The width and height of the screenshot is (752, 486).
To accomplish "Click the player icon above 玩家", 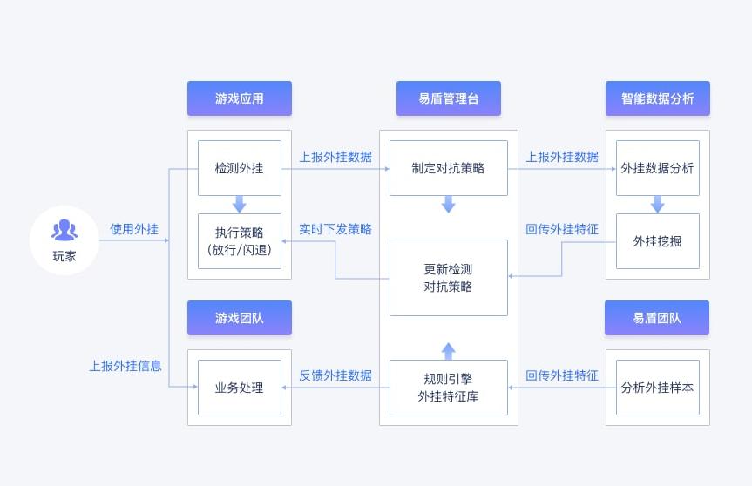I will (x=64, y=230).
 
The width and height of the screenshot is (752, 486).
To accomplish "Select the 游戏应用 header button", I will (x=240, y=98).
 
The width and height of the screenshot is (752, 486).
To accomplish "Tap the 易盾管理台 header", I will (x=448, y=98).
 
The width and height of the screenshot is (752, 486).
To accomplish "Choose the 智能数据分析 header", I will (x=657, y=98).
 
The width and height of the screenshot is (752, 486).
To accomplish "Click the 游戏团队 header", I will (x=240, y=318).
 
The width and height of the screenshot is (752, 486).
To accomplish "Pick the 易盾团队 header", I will (x=657, y=318).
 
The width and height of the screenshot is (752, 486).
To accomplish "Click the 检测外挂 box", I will (x=240, y=168).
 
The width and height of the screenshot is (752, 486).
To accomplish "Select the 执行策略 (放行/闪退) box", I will (x=240, y=241).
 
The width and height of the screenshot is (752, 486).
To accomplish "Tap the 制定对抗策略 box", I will (x=448, y=168).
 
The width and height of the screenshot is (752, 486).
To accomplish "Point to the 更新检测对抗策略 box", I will (x=448, y=278).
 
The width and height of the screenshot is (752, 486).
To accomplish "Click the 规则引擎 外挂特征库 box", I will (x=448, y=388).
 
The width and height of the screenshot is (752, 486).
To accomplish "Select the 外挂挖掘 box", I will (x=657, y=241).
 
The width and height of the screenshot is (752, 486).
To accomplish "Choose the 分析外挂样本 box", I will (x=657, y=388).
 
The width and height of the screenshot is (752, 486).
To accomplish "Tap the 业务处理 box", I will (x=240, y=388).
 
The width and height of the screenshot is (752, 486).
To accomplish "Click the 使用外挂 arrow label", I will (x=133, y=230).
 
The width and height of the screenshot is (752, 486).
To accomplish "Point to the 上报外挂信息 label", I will (x=125, y=367).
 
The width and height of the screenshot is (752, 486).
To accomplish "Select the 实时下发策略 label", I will (x=335, y=230).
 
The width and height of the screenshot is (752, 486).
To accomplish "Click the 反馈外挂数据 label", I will (x=335, y=376).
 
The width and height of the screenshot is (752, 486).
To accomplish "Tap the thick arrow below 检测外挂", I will (x=240, y=205).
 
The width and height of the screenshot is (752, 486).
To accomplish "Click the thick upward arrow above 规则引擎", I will (x=448, y=351).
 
